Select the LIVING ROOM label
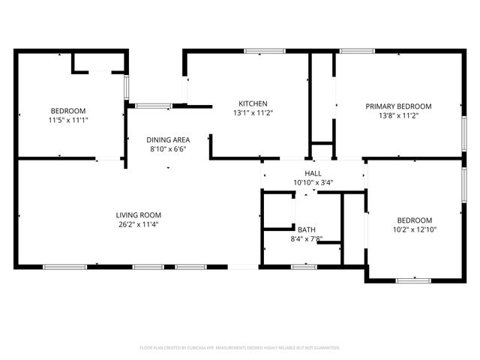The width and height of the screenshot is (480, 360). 138,214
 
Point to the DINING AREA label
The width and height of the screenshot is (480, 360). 167,139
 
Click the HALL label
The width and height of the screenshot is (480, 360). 313,172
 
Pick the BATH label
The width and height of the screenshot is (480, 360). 306,229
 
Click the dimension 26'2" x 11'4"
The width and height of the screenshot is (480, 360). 138,223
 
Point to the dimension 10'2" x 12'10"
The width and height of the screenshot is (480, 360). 414,229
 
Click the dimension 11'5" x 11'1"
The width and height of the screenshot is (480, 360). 68,119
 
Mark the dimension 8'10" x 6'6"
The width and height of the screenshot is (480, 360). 167,148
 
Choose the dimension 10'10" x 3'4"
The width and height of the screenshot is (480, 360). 313,181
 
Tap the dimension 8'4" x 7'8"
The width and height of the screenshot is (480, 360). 306,238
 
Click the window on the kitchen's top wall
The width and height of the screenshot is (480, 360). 259,51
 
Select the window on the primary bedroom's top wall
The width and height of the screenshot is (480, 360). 357,51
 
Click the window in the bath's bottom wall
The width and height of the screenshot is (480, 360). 304,265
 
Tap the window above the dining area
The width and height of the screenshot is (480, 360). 154,106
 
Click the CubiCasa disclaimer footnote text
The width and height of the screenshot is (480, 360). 240,348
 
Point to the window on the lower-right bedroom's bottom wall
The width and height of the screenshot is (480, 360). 413,280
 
